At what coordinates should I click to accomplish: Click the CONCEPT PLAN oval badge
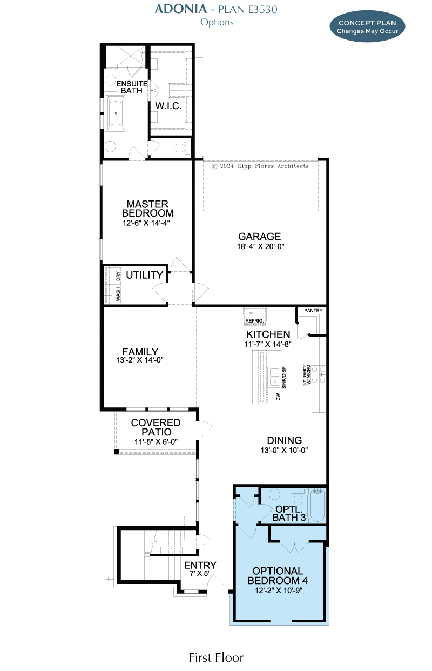(x=367, y=26)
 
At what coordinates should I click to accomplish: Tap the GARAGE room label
(x=259, y=236)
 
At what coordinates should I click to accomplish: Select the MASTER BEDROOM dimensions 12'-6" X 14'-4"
(x=146, y=223)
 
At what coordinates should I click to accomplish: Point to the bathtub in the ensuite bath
(x=116, y=113)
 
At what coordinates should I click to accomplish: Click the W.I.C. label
(x=168, y=106)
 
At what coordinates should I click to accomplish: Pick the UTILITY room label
(x=144, y=274)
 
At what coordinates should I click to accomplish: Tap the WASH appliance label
(x=118, y=294)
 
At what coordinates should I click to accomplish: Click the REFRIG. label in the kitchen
(x=254, y=320)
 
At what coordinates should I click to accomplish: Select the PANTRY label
(x=313, y=311)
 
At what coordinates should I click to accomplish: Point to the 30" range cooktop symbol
(x=319, y=374)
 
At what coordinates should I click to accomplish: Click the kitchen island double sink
(x=274, y=377)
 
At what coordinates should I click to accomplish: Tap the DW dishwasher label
(x=278, y=397)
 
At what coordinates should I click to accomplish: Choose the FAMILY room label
(x=140, y=351)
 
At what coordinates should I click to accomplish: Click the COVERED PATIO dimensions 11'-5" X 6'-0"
(x=156, y=441)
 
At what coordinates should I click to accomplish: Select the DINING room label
(x=285, y=440)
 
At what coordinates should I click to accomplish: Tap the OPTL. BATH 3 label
(x=289, y=513)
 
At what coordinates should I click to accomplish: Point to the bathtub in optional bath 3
(x=318, y=506)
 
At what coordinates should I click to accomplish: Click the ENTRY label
(x=200, y=565)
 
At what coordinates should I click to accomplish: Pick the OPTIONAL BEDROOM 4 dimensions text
(x=279, y=590)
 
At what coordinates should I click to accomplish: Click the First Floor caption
(x=216, y=657)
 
